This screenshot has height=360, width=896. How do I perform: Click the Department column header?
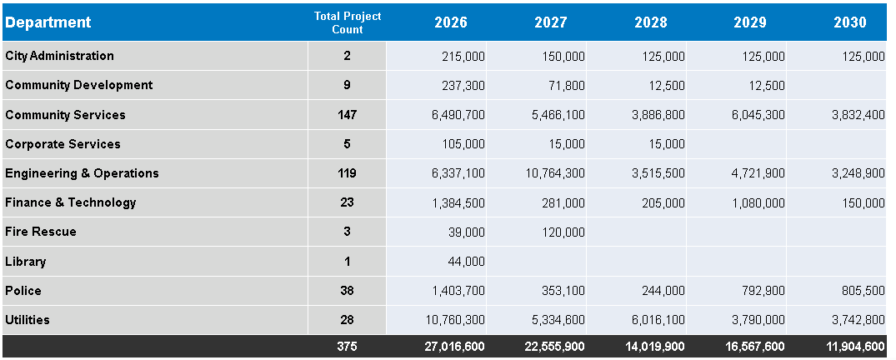click(48, 22)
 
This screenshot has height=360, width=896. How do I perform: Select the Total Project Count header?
click(347, 22)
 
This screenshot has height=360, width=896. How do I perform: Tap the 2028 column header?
click(651, 22)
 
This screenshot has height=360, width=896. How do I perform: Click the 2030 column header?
click(850, 22)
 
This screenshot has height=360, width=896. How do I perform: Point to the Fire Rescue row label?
click(41, 232)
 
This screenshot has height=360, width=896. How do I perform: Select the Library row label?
click(26, 262)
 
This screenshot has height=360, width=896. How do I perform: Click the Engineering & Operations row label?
click(82, 173)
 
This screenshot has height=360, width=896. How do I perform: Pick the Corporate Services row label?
click(63, 144)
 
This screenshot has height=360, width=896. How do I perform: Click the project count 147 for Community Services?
click(347, 115)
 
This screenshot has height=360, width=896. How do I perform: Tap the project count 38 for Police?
click(347, 291)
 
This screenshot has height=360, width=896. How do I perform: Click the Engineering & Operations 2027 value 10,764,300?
click(556, 173)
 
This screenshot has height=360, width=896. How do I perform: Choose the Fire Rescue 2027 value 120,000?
click(563, 232)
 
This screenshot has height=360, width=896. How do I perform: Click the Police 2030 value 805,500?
click(863, 291)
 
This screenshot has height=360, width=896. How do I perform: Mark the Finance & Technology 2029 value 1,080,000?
click(758, 202)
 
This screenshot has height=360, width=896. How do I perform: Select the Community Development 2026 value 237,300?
click(463, 85)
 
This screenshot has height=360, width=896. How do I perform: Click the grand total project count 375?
click(347, 347)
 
